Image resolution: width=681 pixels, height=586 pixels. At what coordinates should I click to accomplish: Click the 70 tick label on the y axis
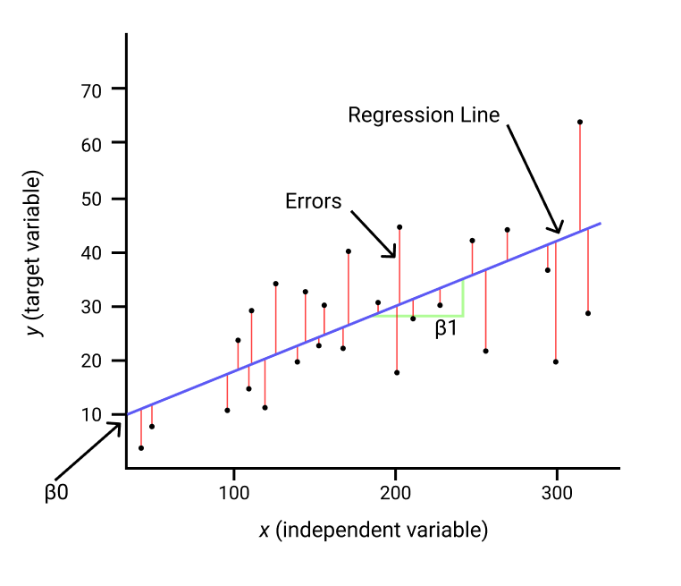(91, 91)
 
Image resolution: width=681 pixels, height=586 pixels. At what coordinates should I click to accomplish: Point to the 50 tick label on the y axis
(91, 200)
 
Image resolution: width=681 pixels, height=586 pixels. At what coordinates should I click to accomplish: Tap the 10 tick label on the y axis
(91, 415)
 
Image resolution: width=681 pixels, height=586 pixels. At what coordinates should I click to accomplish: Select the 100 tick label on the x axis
(234, 493)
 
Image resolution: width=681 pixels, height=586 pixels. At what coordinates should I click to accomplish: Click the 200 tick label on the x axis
(395, 493)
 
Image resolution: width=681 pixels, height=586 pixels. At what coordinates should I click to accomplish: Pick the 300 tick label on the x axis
(557, 493)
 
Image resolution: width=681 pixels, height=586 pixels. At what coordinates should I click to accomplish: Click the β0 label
(56, 494)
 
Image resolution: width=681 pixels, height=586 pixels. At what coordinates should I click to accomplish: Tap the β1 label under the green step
(446, 328)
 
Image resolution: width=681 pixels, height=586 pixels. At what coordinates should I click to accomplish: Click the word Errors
(314, 201)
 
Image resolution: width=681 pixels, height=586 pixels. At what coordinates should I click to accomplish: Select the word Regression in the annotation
(401, 115)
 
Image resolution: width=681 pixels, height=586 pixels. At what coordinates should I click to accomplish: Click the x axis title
(374, 531)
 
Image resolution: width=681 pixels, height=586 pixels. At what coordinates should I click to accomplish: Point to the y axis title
(34, 253)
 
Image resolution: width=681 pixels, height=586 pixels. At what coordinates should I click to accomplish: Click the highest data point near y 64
(580, 123)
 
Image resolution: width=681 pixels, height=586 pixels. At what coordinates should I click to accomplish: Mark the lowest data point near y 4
(141, 448)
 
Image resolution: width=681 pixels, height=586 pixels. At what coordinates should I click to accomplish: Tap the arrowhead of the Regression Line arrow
(557, 229)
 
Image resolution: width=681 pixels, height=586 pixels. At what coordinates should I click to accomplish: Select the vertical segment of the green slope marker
(464, 298)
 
